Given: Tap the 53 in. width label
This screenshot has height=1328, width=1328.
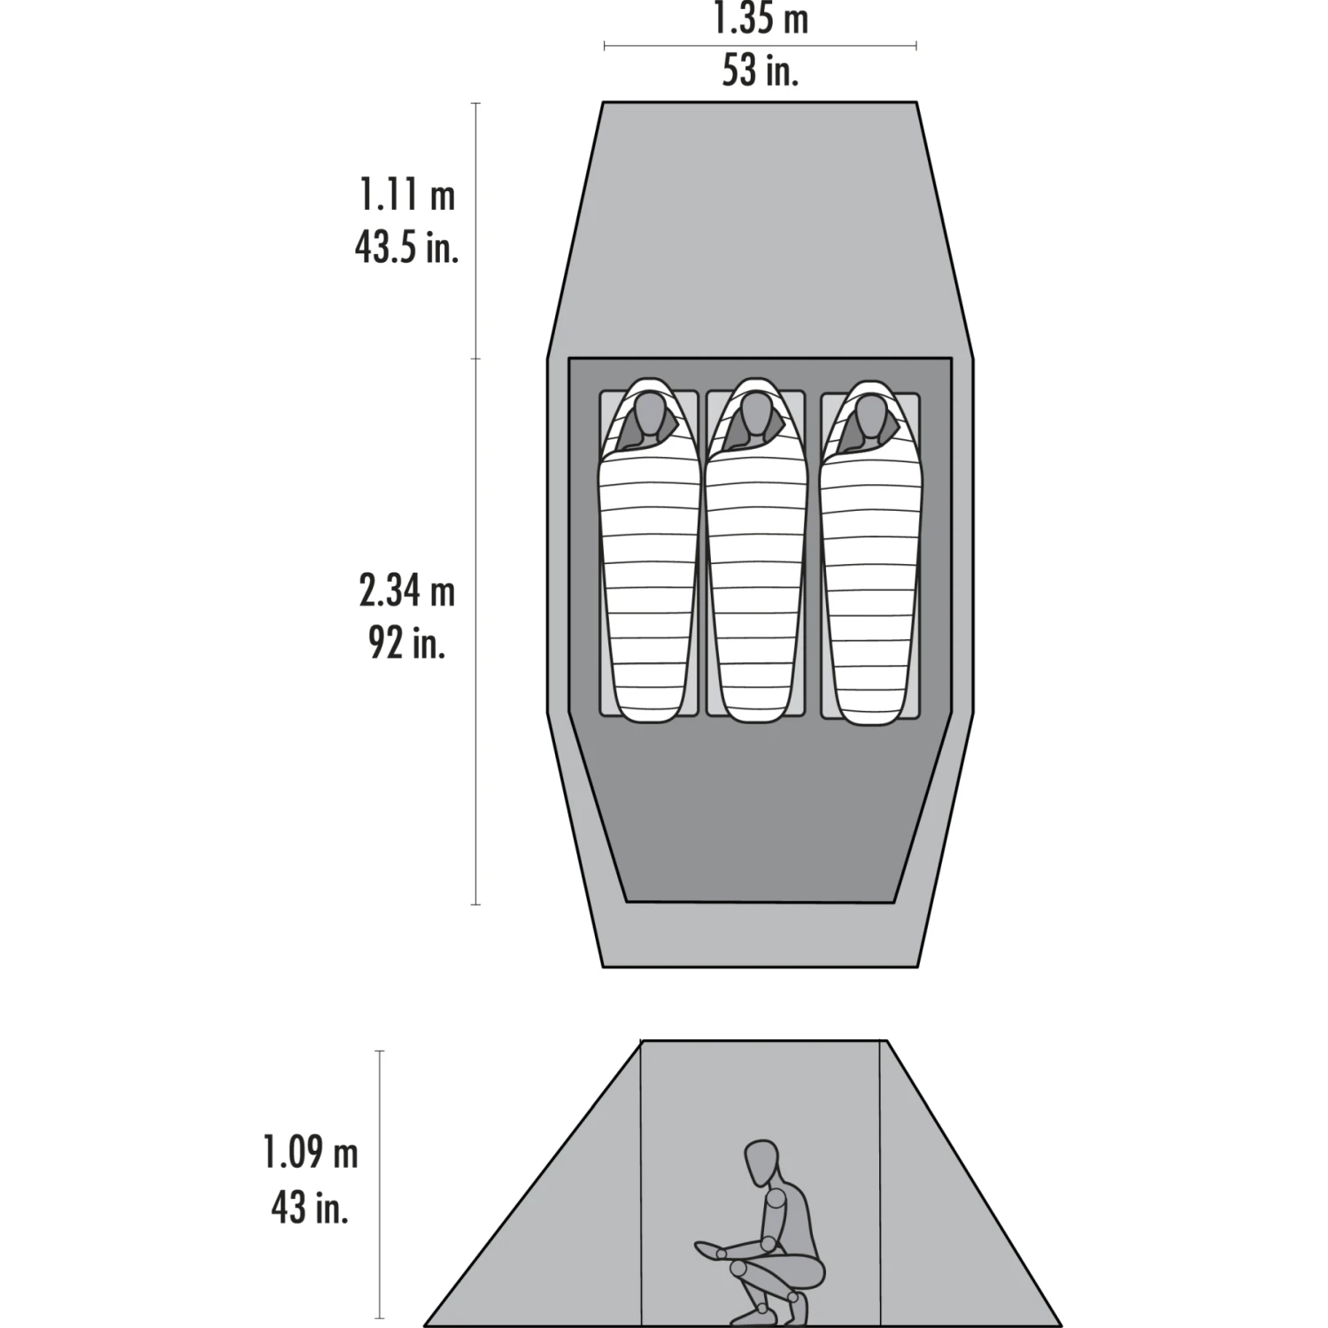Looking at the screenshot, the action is (x=761, y=71).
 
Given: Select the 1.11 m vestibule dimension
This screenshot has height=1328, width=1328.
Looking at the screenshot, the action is (x=406, y=196).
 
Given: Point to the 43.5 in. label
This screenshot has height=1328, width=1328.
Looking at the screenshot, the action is (x=406, y=248).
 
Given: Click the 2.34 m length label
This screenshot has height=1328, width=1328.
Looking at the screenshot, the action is (x=406, y=591).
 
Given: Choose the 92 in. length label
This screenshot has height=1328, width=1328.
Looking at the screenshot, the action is (x=406, y=644).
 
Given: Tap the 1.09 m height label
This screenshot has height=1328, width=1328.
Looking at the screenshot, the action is (x=310, y=1154).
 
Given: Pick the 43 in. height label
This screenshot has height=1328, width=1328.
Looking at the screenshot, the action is (x=310, y=1207).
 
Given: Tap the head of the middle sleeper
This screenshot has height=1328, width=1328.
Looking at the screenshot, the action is (x=754, y=416).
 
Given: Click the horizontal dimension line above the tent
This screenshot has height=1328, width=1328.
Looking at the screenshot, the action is (x=761, y=45).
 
